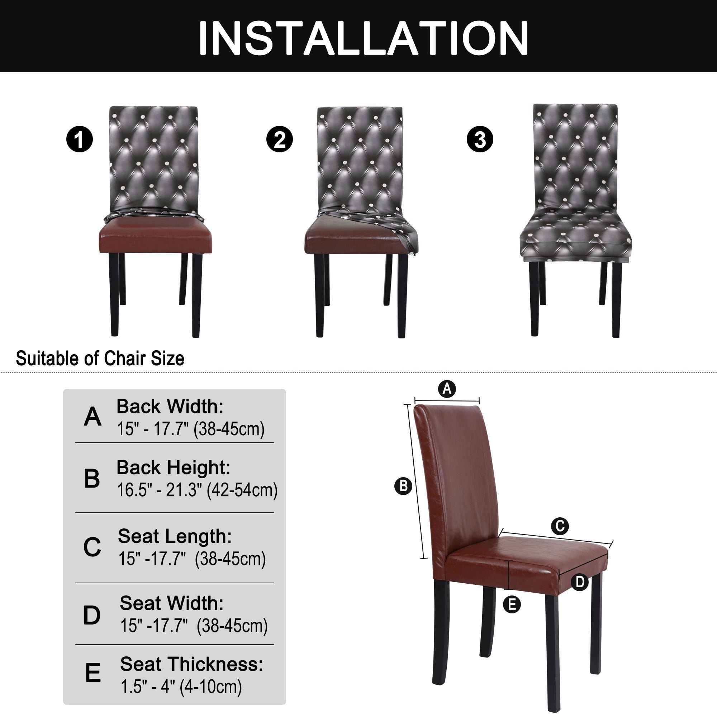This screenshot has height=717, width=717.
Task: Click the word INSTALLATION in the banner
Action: pos(363,38)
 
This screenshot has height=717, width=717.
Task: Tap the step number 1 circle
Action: pos(80,139)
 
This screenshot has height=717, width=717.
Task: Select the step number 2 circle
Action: pos(280,139)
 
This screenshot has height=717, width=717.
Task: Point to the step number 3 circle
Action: pos(480,139)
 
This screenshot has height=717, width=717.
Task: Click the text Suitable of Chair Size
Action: pos(100,358)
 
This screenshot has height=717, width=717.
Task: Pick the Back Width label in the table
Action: pos(170,407)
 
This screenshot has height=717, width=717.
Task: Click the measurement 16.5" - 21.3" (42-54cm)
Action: pos(197,490)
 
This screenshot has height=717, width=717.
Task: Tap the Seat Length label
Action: pos(175,536)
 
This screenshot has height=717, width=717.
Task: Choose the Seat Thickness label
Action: pos(191,664)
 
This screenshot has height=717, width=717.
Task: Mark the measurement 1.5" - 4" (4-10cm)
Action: pos(181,687)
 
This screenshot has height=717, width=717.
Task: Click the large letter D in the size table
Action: pos(92,615)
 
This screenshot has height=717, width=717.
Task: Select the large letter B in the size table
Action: pos(92,478)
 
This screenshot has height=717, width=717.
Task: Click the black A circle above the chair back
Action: pos(447,389)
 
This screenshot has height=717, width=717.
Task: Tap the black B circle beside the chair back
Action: pos(403,486)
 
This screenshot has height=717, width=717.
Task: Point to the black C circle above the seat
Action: pos(560,526)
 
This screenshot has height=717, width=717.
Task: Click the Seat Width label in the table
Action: pos(171,603)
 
